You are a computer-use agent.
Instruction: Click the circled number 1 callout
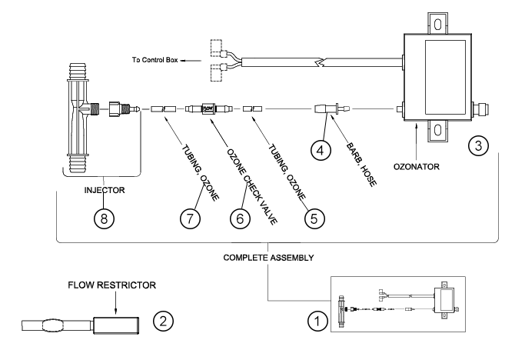coord(317,321)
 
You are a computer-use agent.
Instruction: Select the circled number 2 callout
coord(163,321)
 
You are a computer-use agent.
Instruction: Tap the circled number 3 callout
coord(478,145)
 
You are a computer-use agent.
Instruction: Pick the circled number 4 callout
coord(321,150)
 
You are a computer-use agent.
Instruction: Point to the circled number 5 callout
coord(314,218)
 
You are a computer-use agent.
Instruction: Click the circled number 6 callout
coord(240,218)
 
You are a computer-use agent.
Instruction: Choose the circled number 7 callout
coord(190,218)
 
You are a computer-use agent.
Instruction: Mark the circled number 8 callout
coord(104,218)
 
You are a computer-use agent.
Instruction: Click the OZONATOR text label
coord(416,167)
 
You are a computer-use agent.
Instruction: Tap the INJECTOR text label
coord(105,190)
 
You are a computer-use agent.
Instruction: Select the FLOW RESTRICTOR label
coord(111,285)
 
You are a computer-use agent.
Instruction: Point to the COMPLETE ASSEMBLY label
coord(268,258)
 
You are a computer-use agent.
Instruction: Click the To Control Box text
coord(155,60)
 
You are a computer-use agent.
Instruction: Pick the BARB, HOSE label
coord(361,165)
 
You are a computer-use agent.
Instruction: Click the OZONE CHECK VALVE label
coord(252,186)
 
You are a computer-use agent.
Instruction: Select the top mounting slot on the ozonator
coord(437,25)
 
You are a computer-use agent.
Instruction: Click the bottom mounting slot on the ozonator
coord(437,130)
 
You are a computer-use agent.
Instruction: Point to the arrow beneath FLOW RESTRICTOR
coord(115,302)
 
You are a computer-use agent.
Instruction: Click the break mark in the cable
coord(320,62)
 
